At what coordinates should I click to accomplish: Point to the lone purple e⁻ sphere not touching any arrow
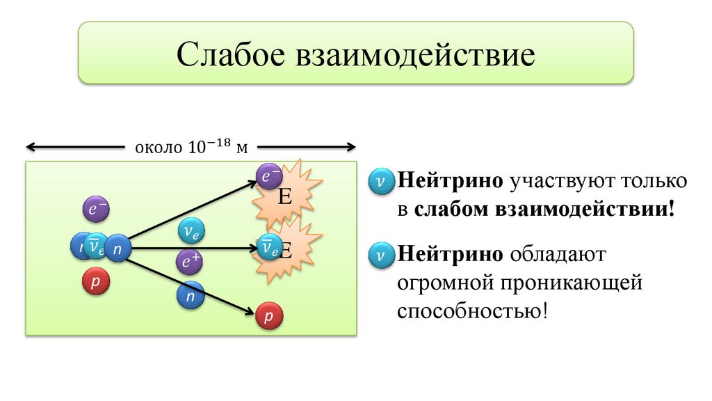[x=95, y=208]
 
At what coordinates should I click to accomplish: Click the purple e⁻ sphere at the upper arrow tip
[x=268, y=176]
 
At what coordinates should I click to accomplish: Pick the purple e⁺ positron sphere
[x=189, y=261]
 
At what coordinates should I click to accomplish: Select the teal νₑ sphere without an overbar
[x=190, y=230]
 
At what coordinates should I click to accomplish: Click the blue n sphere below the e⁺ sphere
[x=190, y=295]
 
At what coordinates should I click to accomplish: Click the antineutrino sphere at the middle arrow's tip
[x=267, y=246]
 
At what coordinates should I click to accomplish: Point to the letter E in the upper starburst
[x=284, y=197]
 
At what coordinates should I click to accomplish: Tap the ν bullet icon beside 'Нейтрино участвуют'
[x=381, y=180]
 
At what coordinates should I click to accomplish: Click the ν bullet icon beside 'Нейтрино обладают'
[x=381, y=253]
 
